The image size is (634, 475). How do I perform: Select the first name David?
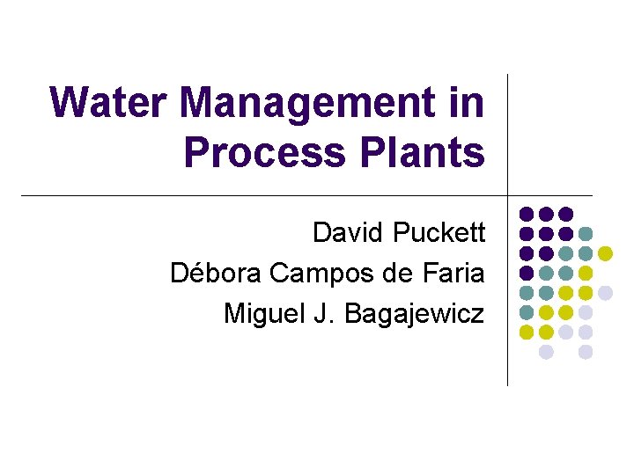point(349,233)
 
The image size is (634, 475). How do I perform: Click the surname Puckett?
point(439,233)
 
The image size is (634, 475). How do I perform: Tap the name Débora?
point(215,273)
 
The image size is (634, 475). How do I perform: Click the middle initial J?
point(325,312)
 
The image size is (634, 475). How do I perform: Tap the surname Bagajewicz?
point(414,312)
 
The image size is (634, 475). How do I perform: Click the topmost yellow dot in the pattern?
point(606,253)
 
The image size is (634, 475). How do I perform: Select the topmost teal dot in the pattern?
point(586,233)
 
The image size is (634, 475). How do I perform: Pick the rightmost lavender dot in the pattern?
point(606,293)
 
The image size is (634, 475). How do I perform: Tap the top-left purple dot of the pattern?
point(526,214)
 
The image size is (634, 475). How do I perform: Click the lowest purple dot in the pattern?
point(526,273)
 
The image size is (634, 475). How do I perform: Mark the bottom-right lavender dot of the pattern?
point(586,352)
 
